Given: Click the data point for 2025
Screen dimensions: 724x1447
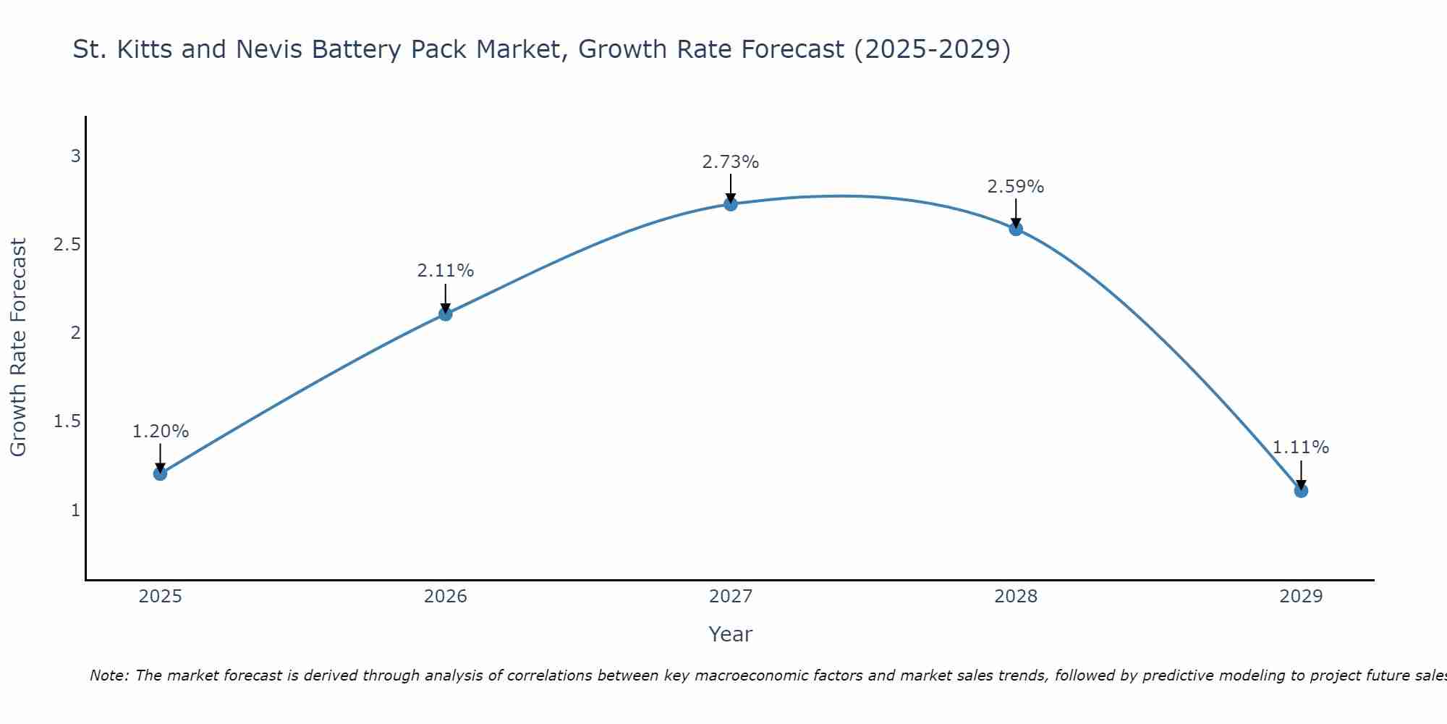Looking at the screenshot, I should coord(160,473).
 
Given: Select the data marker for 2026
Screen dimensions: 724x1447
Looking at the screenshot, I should coord(445,313).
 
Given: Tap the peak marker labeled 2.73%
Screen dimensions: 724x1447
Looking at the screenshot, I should coord(730,204).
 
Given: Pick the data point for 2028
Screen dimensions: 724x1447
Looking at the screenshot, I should coord(1016,229).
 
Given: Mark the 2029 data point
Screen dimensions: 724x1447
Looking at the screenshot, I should coord(1301,491).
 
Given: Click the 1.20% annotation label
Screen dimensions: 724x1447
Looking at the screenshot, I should coord(160,432).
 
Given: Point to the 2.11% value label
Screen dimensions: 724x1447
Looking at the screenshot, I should coord(445,271).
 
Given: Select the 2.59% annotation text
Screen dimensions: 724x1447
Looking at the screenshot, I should coord(1016,187).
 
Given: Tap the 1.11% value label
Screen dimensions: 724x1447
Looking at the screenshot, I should coord(1301,447).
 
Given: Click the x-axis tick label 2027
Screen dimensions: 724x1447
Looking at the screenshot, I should coord(730,597).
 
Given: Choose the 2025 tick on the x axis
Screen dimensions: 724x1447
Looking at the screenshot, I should coord(160,597).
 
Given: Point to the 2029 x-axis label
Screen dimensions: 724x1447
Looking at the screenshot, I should coord(1301,597).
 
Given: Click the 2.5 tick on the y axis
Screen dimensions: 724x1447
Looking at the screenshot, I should coord(67,245).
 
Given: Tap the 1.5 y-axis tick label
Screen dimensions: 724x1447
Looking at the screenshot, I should coord(67,421).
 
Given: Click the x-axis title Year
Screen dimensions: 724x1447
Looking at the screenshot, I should coord(730,634).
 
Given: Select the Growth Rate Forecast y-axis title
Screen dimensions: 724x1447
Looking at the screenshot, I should coord(18,347).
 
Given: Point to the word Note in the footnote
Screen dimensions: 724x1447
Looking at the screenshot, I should coord(109,675).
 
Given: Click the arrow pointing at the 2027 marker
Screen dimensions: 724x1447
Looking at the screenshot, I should coord(730,188).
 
